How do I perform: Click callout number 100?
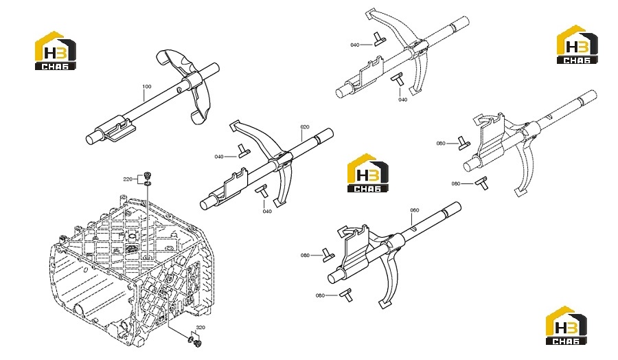tap(147, 87)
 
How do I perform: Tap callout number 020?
tap(305, 127)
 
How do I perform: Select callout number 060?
tap(415, 210)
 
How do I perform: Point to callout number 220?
tap(128, 179)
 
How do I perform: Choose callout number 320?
tap(201, 327)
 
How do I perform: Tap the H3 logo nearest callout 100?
tap(55, 50)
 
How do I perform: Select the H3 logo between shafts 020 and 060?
tap(367, 173)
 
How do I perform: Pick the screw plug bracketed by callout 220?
tap(148, 175)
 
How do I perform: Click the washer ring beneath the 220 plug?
tap(148, 183)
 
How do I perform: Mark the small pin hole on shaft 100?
tap(179, 89)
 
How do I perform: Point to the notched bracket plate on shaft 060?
tap(355, 245)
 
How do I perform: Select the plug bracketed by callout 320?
tap(198, 344)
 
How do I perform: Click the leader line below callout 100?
tap(144, 100)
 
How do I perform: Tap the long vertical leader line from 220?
tap(148, 221)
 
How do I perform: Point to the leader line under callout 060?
tap(413, 219)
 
